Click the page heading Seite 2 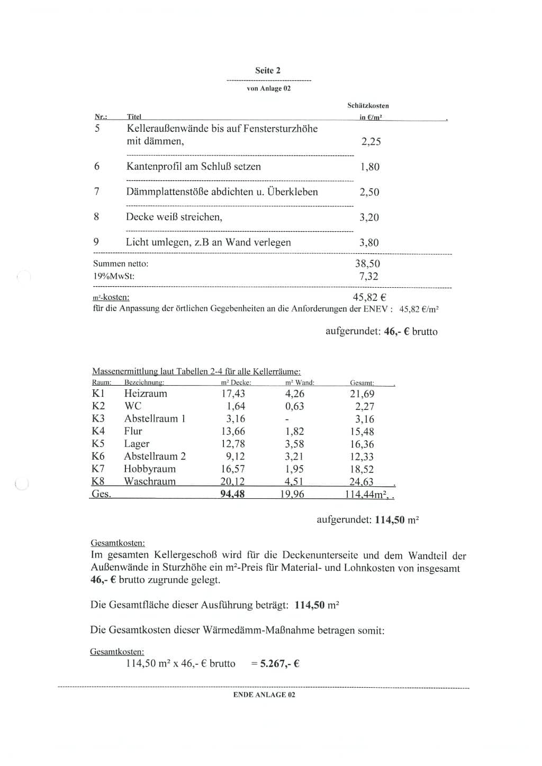click(268, 70)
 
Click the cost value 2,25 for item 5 click(371, 141)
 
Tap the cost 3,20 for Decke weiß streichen click(369, 217)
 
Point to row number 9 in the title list click(96, 242)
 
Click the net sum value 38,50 click(367, 263)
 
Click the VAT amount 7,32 click(369, 276)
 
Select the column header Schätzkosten click(368, 106)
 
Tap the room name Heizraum click(146, 394)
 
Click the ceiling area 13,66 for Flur click(233, 431)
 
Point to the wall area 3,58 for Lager click(295, 444)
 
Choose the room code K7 click(98, 469)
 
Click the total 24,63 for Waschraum click(362, 482)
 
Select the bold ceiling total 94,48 click(232, 495)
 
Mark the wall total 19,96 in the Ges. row click(292, 495)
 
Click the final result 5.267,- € click(279, 663)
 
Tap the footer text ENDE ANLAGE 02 click(264, 695)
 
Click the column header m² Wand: click(300, 382)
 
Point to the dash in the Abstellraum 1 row click(287, 419)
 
